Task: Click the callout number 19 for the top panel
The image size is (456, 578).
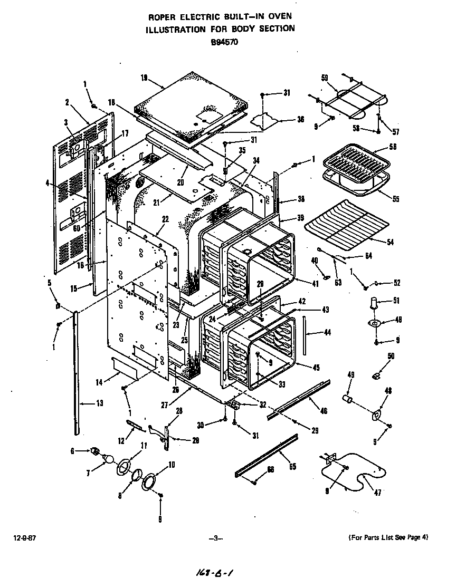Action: (144, 78)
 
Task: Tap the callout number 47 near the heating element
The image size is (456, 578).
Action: (377, 493)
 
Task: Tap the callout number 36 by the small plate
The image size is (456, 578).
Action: (300, 120)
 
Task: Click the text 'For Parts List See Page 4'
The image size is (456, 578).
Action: (388, 537)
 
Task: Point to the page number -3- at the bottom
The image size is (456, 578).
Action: (216, 538)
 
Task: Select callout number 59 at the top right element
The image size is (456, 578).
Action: (325, 78)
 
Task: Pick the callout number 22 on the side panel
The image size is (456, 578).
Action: (165, 219)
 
